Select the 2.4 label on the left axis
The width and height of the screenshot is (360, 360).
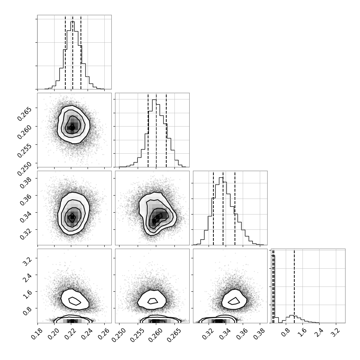(x=28, y=275)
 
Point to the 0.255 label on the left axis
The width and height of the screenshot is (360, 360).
(x=24, y=150)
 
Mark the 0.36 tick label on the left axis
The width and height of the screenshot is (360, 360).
(x=25, y=199)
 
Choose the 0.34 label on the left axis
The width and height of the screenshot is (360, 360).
(x=25, y=216)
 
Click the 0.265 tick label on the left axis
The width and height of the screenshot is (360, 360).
(x=24, y=114)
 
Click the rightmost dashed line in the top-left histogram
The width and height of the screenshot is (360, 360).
(x=81, y=52)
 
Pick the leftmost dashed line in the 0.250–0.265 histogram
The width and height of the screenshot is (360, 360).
(x=148, y=130)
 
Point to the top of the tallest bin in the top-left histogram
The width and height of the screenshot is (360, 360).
(x=72, y=22)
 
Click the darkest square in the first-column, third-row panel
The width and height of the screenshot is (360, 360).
(x=72, y=217)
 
